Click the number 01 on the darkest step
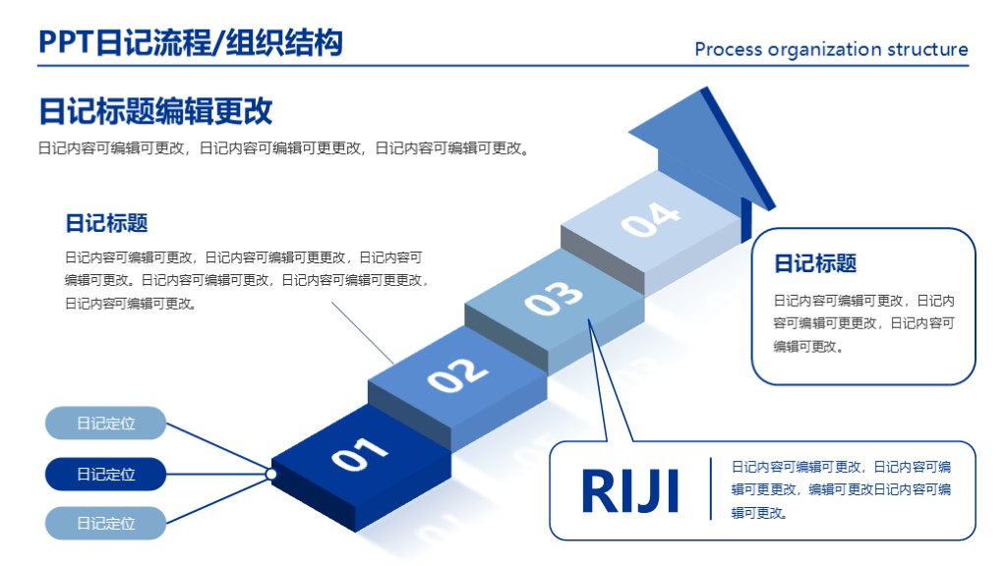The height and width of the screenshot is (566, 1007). pos(360,455)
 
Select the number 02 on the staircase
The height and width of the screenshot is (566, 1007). pos(457,374)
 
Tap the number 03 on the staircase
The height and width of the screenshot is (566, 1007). pos(554,298)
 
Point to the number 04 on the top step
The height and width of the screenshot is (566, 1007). pos(650,220)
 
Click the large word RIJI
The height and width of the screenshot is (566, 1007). pos(630,491)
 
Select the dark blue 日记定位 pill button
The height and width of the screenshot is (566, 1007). pos(106,474)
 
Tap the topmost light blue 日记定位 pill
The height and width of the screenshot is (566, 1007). pos(106,424)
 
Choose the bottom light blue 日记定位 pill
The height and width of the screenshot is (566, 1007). pos(106,523)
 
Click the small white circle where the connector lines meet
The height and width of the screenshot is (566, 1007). pos(271,474)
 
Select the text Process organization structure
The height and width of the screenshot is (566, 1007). pos(831,49)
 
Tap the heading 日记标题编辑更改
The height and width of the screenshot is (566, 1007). pos(155,111)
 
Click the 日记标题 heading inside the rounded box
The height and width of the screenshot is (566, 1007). pos(815,263)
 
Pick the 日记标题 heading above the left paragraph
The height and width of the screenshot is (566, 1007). pos(106,223)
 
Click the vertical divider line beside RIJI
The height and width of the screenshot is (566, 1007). pos(710,488)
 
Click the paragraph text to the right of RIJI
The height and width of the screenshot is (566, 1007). pos(841,489)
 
